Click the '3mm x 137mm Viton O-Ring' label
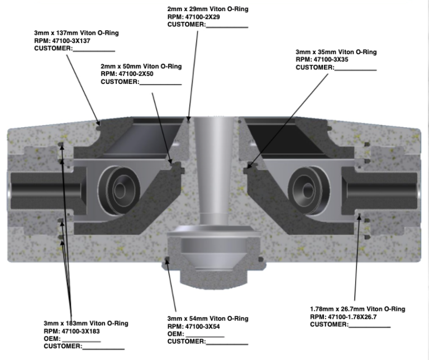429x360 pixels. (76, 33)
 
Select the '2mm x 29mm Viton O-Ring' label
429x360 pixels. (208, 9)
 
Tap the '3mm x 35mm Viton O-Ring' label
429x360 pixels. (336, 51)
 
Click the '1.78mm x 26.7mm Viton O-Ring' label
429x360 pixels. (357, 309)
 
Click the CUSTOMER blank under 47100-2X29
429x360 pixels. (227, 25)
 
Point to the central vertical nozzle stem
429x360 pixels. (214, 179)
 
